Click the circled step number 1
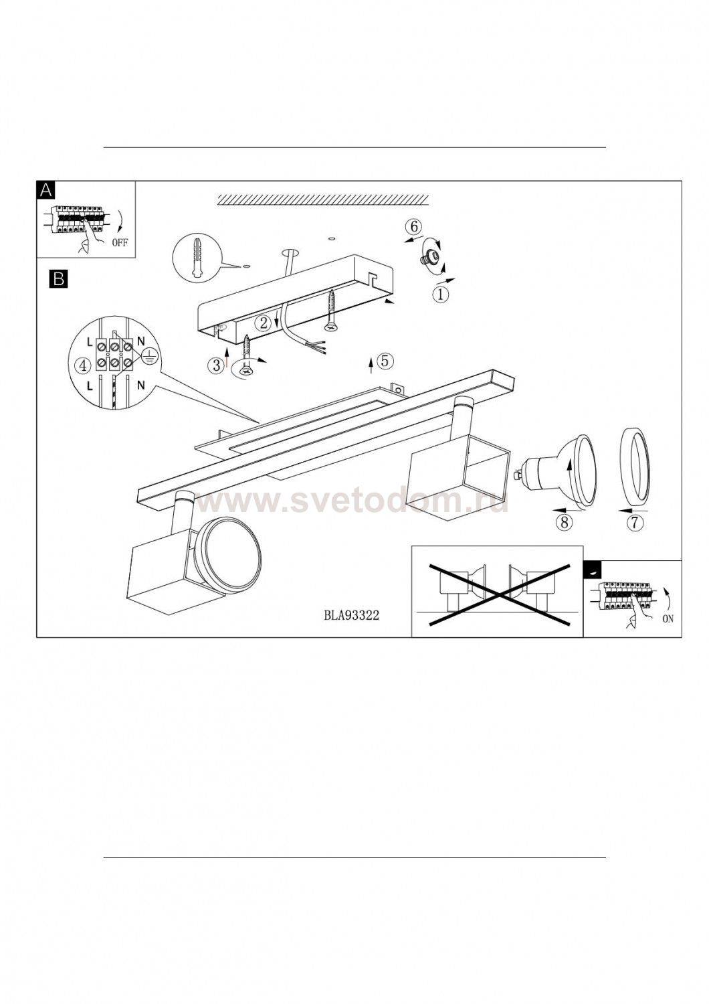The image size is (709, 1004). click(440, 295)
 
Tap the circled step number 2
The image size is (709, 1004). click(264, 322)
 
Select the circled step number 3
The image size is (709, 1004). click(216, 365)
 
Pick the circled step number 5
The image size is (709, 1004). click(385, 361)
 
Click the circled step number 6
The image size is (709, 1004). click(414, 227)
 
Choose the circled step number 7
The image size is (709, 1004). click(635, 522)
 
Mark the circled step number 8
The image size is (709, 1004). click(564, 522)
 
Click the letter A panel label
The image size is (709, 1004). click(46, 191)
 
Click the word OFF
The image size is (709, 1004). click(120, 243)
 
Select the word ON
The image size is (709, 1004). click(668, 619)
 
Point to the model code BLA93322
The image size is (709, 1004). click(351, 615)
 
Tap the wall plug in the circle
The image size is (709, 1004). click(197, 257)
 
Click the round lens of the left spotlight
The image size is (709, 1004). click(229, 550)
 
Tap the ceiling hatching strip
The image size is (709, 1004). click(323, 200)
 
